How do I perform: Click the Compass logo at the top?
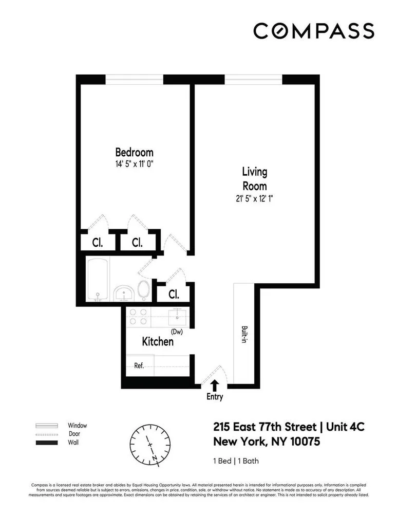(x=313, y=31)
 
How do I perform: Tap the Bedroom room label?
(x=134, y=153)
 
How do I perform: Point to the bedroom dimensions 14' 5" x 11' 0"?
(x=134, y=164)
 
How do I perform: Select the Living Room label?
(x=254, y=178)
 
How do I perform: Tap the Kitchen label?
(x=158, y=341)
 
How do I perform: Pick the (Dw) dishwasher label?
(x=177, y=332)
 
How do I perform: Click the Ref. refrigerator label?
(x=139, y=366)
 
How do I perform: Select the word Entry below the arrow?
(x=215, y=397)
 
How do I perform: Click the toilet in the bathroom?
(x=144, y=290)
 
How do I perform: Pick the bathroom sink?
(x=124, y=293)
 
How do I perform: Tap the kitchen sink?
(x=180, y=316)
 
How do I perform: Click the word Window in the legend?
(x=78, y=426)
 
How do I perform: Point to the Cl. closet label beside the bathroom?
(x=174, y=295)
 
